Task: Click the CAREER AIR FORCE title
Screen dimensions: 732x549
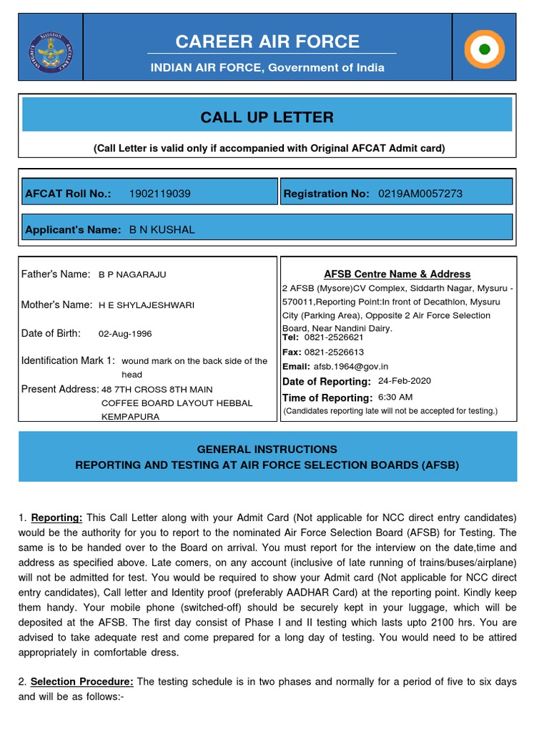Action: [267, 41]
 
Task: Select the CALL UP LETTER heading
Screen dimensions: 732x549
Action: [267, 117]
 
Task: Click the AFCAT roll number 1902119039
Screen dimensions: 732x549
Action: [159, 194]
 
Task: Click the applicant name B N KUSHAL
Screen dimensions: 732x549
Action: [162, 229]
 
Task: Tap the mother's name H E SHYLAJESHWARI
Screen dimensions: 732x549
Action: [146, 305]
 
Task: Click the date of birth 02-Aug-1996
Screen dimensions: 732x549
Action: [125, 334]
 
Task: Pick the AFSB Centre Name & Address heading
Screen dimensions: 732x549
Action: [397, 274]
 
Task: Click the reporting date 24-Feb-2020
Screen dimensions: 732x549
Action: [405, 381]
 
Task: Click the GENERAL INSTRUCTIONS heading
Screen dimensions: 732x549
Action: [267, 450]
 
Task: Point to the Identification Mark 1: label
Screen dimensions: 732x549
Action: [68, 360]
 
